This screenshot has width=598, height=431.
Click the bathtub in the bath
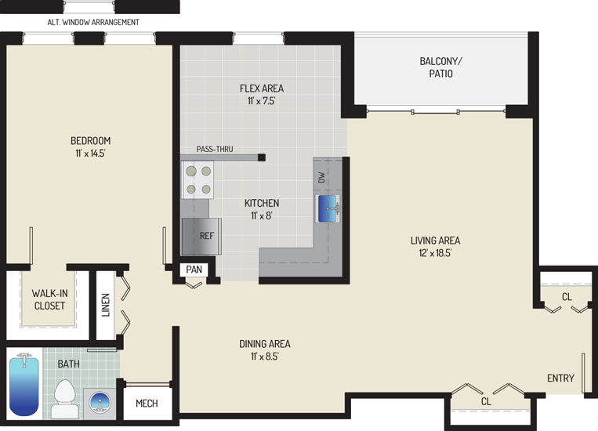(24, 386)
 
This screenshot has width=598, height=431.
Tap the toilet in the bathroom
(64, 399)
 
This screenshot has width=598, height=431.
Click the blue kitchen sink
(328, 208)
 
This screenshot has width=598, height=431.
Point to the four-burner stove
(198, 179)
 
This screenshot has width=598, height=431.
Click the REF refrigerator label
(207, 236)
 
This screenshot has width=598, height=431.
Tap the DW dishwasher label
(322, 177)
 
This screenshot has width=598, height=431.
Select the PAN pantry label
(194, 270)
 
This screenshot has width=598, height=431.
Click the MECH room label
(147, 403)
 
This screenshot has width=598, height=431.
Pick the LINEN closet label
(106, 305)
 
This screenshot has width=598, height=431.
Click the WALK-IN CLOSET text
(49, 299)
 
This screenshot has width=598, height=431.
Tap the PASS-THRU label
(215, 149)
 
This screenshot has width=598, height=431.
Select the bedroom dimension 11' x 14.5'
(90, 154)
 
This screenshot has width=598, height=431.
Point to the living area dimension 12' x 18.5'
(435, 253)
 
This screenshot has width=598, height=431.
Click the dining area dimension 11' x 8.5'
(265, 357)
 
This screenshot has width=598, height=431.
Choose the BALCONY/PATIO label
(441, 67)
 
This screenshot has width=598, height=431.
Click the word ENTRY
(560, 378)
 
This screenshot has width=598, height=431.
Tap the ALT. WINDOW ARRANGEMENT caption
(93, 22)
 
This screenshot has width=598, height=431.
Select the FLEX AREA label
(262, 89)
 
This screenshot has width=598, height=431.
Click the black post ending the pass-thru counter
(262, 158)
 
